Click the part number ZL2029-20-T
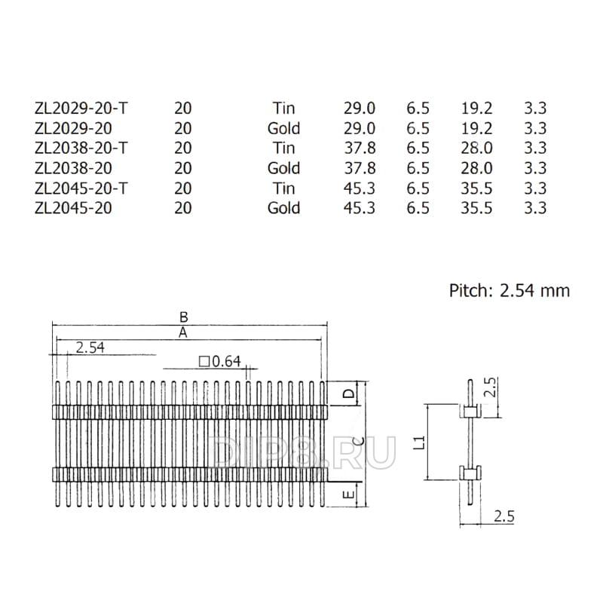(x=81, y=109)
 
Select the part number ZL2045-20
(x=73, y=208)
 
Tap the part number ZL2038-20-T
(x=81, y=148)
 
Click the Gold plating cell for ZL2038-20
(x=284, y=168)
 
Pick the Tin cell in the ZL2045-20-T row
(x=284, y=188)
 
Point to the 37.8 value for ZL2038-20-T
(x=360, y=148)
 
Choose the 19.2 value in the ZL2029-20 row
(x=476, y=128)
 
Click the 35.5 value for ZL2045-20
(x=476, y=208)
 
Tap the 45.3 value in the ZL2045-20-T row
(x=360, y=188)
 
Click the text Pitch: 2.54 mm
(x=510, y=291)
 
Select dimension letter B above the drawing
(x=184, y=317)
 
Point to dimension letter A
(x=183, y=332)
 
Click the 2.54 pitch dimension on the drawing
(x=90, y=347)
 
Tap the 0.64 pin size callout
(x=220, y=362)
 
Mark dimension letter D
(x=349, y=393)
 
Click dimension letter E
(x=349, y=494)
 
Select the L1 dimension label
(x=421, y=442)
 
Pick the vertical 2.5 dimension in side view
(x=491, y=387)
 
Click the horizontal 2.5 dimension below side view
(x=504, y=516)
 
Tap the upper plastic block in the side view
(x=470, y=411)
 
